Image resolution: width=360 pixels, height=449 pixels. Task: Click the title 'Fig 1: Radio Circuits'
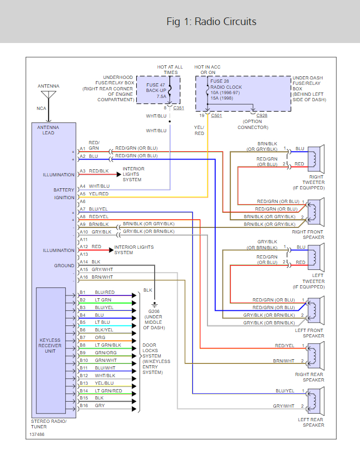click(x=211, y=22)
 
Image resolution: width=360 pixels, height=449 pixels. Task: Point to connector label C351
click(x=179, y=108)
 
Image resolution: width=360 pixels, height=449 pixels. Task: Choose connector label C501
click(x=216, y=116)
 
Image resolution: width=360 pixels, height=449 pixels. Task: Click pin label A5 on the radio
click(x=83, y=194)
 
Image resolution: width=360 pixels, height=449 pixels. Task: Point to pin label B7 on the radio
click(x=83, y=337)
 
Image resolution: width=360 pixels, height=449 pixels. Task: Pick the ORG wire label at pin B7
click(x=100, y=337)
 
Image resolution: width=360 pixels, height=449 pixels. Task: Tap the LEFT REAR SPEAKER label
click(x=311, y=422)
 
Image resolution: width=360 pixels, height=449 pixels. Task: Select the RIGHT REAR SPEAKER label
click(x=309, y=377)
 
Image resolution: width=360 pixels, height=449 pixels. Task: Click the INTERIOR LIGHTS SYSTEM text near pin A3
click(x=133, y=174)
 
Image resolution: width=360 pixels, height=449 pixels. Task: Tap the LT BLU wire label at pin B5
click(x=103, y=322)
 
